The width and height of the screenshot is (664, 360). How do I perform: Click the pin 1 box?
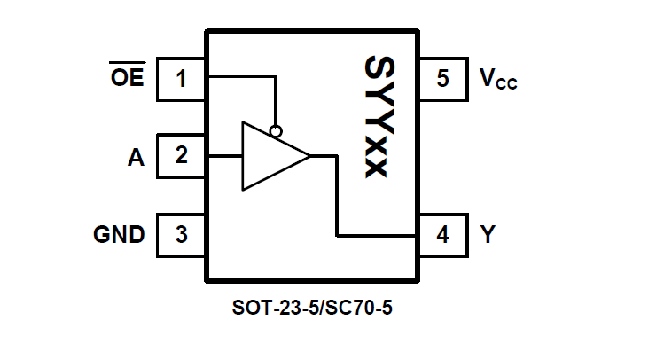182,79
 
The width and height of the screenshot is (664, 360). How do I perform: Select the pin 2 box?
182,156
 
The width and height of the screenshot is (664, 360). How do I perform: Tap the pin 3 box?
182,235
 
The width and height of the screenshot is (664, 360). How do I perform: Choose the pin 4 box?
442,235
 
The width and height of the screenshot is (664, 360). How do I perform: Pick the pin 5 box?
442,79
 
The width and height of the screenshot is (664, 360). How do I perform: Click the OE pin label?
127,79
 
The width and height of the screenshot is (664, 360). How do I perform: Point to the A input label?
136,158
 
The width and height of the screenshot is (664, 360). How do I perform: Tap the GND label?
120,235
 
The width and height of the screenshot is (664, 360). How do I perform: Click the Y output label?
488,235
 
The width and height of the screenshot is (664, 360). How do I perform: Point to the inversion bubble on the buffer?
276,131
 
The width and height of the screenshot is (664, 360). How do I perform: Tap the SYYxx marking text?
378,118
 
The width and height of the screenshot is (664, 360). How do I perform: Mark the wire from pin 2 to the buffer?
225,156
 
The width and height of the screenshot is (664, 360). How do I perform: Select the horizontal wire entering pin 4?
377,235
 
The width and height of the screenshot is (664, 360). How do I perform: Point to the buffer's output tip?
310,156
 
